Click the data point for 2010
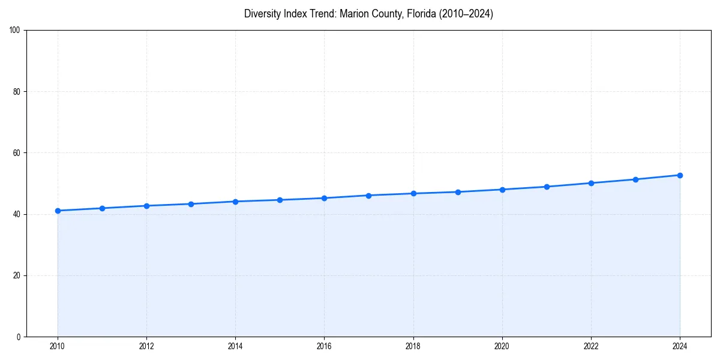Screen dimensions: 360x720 click(x=58, y=211)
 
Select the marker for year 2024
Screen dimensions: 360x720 click(x=680, y=175)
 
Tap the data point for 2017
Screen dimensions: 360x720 click(x=368, y=195)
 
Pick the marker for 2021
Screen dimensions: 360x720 click(x=547, y=187)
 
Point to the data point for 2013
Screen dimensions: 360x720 click(x=191, y=204)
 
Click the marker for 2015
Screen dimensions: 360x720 click(x=280, y=200)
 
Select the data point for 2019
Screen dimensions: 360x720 click(x=458, y=192)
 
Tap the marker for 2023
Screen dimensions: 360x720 click(x=635, y=179)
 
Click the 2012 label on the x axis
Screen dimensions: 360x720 click(x=146, y=346)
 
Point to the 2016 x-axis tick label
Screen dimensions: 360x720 click(x=324, y=346)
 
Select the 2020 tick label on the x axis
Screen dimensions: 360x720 click(x=502, y=346)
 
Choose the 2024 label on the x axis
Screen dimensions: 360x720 click(x=680, y=346)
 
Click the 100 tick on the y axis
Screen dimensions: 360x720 click(x=16, y=31)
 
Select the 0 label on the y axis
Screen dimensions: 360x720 click(x=19, y=337)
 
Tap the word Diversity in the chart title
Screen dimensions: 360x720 click(x=262, y=14)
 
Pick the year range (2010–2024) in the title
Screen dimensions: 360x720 click(x=466, y=14)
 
